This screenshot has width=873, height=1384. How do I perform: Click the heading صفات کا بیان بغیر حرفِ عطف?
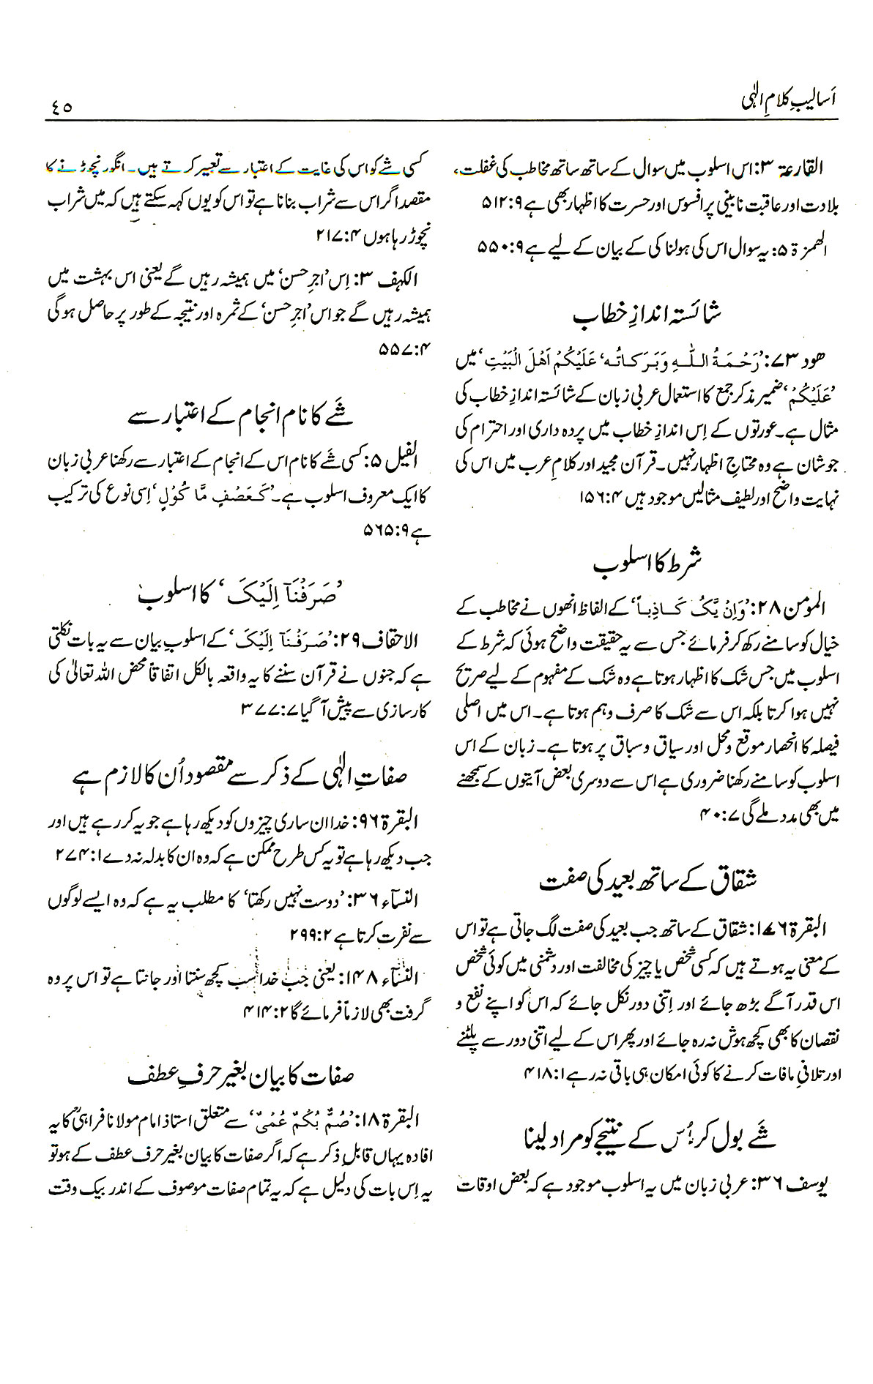242,1058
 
